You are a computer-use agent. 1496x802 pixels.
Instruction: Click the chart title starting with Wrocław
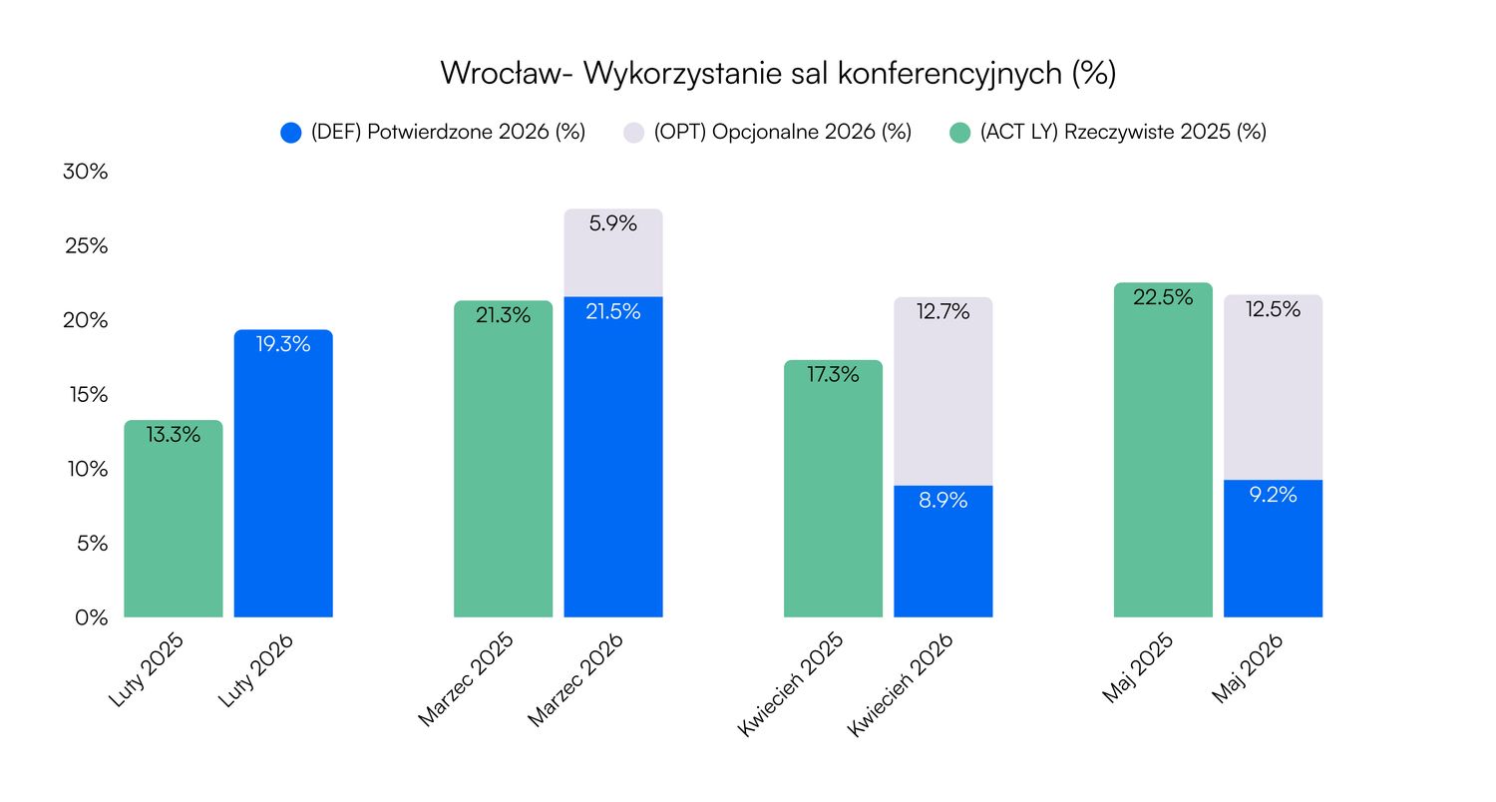(777, 74)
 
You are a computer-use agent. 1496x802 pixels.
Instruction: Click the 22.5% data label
(1163, 297)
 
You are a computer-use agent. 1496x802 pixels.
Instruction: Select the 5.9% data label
(613, 224)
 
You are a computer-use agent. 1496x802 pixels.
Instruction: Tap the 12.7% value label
(942, 312)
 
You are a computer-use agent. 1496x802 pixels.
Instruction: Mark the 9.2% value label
(1273, 494)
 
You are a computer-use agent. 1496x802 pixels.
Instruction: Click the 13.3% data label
(174, 435)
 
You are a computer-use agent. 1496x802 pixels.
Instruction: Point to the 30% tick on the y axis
(85, 172)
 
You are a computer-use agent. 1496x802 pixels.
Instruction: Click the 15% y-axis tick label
(85, 395)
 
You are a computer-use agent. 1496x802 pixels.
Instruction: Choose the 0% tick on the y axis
(90, 617)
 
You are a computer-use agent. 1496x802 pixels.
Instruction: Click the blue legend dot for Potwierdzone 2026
(291, 133)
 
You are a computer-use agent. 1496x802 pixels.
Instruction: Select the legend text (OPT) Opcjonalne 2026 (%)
(783, 133)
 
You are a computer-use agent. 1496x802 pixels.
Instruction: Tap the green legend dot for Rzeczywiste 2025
(960, 133)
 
